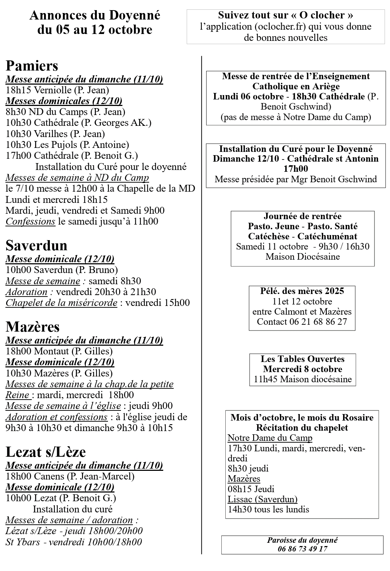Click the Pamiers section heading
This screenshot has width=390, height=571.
[x=32, y=66]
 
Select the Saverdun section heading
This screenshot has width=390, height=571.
[x=36, y=246]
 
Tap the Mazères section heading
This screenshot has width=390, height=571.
[x=32, y=327]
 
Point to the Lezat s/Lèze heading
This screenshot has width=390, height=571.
[x=45, y=452]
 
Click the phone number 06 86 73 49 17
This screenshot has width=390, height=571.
[x=302, y=549]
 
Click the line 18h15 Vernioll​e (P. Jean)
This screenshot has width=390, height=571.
[x=57, y=90]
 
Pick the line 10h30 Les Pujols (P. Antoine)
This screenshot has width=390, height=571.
[x=67, y=145]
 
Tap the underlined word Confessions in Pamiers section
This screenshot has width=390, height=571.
[x=30, y=221]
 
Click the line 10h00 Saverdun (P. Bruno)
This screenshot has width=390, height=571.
[x=62, y=270]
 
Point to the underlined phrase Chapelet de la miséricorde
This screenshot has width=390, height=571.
[x=61, y=303]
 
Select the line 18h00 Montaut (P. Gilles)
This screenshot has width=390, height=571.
[x=59, y=351]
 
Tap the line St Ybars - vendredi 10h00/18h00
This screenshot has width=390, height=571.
[x=74, y=542]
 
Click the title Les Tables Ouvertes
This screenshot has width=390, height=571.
[x=303, y=359]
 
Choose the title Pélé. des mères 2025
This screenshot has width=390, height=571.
[x=302, y=291]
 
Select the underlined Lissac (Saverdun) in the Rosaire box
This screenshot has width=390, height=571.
[x=263, y=499]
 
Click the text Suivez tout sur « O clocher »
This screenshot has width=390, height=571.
[x=286, y=15]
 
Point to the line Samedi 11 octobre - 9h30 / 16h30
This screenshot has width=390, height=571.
[x=303, y=247]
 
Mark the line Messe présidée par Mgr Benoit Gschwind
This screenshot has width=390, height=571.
[x=296, y=179]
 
